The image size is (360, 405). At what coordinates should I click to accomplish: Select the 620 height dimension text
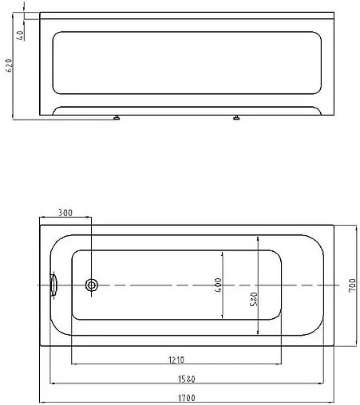tap(8, 65)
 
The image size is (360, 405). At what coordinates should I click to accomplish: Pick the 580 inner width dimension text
tap(253, 299)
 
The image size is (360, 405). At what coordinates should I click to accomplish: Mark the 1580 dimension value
tap(184, 378)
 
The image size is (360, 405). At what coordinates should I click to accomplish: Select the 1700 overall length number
tap(185, 396)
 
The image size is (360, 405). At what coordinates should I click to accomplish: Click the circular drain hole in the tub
tap(92, 285)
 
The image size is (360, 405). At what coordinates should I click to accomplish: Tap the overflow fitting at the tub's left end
tap(53, 284)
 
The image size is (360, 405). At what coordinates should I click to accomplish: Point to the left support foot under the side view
tap(117, 119)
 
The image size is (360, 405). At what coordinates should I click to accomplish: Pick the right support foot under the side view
tap(236, 119)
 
